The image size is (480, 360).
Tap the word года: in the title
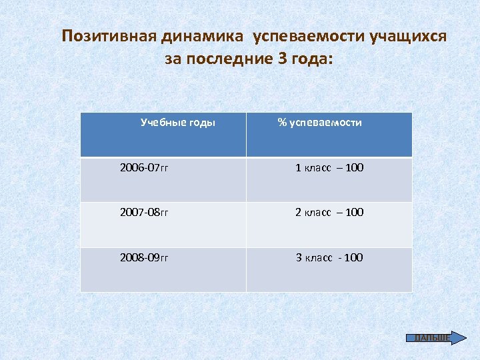coord(309,59)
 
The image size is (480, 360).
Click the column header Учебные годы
coord(178,123)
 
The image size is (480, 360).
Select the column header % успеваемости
coord(320,123)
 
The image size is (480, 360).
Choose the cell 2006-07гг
coord(144,167)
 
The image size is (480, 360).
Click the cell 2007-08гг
coord(144,213)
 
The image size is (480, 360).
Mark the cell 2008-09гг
coord(144,257)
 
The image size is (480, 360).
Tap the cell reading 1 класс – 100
coord(329,167)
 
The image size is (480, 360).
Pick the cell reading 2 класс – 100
coord(329,213)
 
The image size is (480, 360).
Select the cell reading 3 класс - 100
coord(329,257)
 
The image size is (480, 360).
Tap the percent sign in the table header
coord(282,123)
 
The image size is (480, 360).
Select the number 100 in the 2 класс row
coord(355,213)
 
